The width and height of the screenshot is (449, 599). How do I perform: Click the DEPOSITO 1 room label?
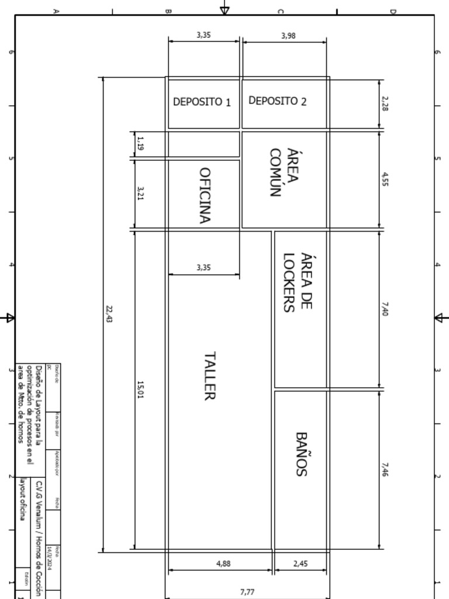tap(202, 102)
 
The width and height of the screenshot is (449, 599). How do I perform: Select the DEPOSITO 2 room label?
tap(277, 101)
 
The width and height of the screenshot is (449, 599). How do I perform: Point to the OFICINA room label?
tap(205, 195)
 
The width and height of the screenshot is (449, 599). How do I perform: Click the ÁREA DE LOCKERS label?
tap(298, 281)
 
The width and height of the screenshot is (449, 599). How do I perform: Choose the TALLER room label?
tap(210, 376)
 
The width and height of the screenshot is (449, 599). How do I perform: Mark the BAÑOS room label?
tap(301, 454)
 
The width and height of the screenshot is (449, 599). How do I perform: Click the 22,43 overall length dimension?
tap(109, 314)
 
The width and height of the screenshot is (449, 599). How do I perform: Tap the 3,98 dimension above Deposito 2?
tap(288, 36)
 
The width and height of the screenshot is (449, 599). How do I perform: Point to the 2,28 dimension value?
tap(385, 104)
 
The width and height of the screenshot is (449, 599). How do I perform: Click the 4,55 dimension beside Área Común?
tap(385, 179)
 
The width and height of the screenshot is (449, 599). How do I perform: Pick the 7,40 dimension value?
tap(385, 309)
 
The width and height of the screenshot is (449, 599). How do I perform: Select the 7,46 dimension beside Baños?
tap(385, 469)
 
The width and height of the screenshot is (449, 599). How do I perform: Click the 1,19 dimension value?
tap(140, 143)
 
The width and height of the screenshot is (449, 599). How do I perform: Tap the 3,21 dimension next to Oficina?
tap(140, 193)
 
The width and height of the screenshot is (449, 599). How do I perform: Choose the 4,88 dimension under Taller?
tap(223, 564)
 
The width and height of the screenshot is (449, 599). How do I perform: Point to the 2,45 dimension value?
tap(301, 564)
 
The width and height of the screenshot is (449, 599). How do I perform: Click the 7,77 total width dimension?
tap(247, 592)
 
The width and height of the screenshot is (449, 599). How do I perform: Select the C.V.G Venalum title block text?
tap(39, 538)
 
